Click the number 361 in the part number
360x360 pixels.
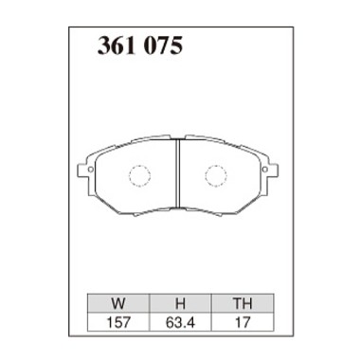click(x=116, y=45)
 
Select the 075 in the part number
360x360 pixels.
click(x=161, y=45)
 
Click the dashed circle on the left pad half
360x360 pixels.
click(x=139, y=177)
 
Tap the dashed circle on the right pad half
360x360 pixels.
click(x=219, y=177)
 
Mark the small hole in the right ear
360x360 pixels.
click(x=270, y=171)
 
